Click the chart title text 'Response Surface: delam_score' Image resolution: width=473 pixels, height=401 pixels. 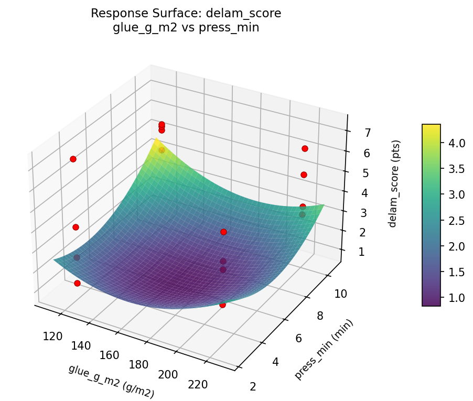[x=186, y=14]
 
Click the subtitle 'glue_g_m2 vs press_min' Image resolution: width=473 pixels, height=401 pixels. [x=186, y=28]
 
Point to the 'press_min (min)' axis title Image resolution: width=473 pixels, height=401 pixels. [x=324, y=349]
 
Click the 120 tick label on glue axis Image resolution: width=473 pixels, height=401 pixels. [x=52, y=337]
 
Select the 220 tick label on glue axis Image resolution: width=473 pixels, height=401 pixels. [x=197, y=384]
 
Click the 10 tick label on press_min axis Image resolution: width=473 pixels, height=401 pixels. [x=341, y=294]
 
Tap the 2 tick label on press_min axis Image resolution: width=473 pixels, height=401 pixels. [x=253, y=387]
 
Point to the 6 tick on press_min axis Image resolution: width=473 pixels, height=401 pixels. [x=299, y=339]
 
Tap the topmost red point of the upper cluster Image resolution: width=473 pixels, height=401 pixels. [x=162, y=125]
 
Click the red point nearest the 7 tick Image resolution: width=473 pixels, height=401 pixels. [x=305, y=149]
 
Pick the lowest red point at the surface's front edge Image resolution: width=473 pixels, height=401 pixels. [x=222, y=305]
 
